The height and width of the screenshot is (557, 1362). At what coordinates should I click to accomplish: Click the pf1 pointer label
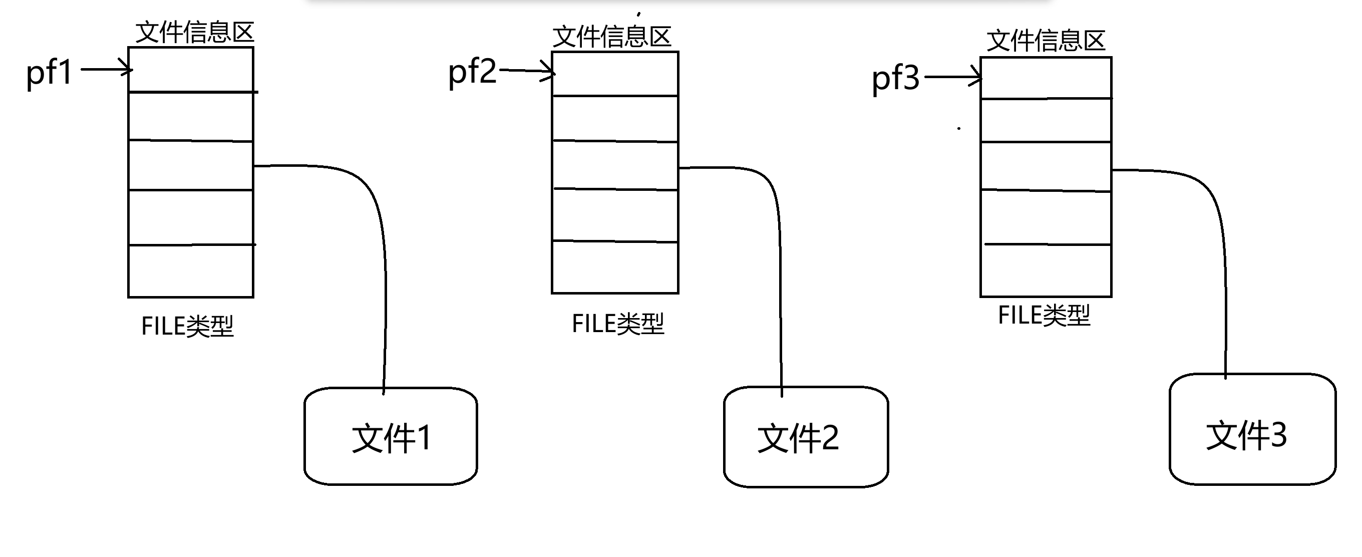tap(49, 73)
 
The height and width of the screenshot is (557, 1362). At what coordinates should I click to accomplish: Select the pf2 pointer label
tap(472, 72)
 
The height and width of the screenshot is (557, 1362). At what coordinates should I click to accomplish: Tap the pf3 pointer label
tap(896, 78)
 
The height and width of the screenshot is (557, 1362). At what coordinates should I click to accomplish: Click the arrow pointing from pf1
tap(106, 69)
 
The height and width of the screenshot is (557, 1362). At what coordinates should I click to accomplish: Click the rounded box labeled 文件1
tap(391, 436)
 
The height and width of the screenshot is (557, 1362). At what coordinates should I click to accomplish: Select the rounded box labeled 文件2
tap(806, 437)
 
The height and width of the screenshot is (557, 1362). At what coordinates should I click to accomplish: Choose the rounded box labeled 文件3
tap(1252, 429)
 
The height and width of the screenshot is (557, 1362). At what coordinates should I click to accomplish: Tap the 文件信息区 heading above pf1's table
tap(195, 32)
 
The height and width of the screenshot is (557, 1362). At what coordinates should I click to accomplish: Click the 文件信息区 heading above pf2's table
tap(612, 37)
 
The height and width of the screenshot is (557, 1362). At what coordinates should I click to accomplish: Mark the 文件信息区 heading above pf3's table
tap(1046, 41)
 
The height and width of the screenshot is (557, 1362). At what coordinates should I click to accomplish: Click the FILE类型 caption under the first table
tap(187, 326)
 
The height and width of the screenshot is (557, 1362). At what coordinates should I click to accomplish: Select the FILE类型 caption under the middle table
tap(617, 324)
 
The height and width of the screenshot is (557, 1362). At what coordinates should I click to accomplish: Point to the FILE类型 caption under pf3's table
tap(1044, 315)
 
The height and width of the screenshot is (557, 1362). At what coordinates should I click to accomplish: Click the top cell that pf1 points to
tap(191, 70)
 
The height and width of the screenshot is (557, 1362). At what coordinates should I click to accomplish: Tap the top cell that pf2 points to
tap(615, 74)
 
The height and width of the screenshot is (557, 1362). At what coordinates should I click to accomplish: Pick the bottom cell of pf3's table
tap(1046, 270)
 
